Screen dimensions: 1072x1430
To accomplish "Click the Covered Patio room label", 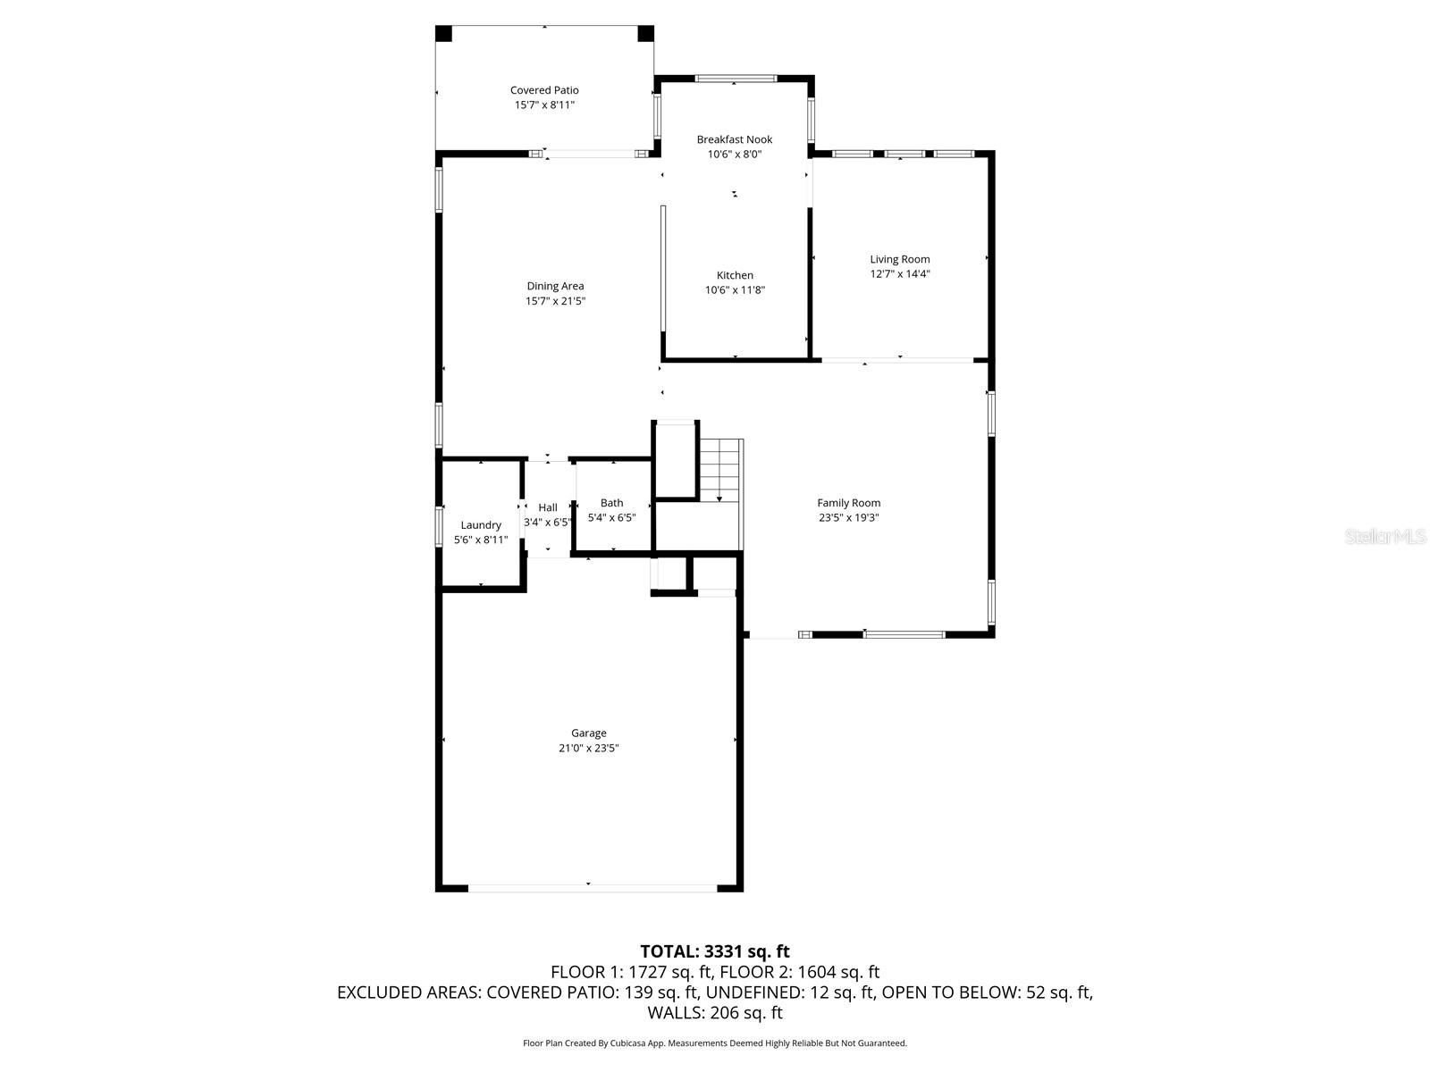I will point(544,90).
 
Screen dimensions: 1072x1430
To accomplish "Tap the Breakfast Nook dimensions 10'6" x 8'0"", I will point(735,155).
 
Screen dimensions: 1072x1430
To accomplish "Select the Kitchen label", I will point(735,275).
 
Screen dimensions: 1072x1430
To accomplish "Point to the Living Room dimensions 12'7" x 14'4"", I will point(900,274).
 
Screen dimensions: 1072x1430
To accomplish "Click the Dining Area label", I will point(555,286).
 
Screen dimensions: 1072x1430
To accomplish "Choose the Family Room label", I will point(848,503).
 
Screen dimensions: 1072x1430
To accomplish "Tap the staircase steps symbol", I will point(721,471).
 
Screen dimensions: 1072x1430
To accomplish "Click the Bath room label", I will point(612,503).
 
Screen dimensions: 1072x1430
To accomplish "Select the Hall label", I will point(548,507).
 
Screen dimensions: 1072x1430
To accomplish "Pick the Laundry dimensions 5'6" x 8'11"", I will point(481,540).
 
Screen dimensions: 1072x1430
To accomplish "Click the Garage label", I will point(589,733).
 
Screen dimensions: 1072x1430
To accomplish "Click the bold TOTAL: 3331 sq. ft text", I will point(715,951).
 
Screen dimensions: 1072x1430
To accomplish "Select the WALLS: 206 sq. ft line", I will point(715,1013).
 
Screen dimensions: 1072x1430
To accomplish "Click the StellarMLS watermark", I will point(1386,537).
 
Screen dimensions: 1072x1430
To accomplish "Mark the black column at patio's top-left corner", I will point(444,34).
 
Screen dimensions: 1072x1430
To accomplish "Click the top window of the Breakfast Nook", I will point(736,79).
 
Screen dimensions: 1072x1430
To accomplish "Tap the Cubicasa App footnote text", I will point(715,1043).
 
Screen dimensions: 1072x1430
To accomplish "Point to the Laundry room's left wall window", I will point(439,526).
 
